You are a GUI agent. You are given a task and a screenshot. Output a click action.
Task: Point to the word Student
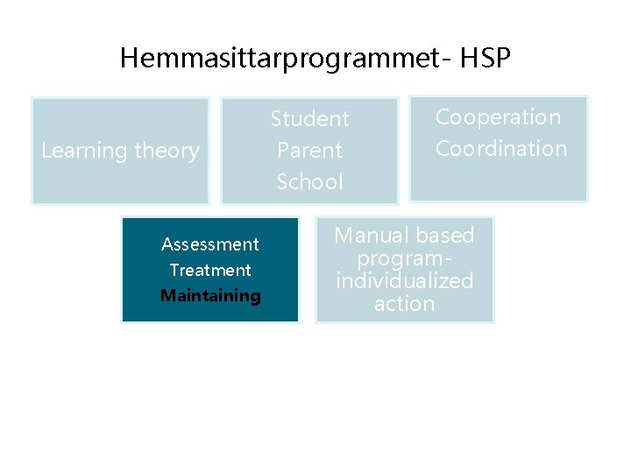click(309, 119)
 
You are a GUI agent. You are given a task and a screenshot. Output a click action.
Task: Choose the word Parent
click(309, 150)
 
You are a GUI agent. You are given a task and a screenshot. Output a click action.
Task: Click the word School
click(309, 181)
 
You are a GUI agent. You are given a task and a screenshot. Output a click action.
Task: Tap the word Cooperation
click(498, 116)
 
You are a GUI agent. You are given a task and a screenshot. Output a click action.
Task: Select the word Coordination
click(500, 149)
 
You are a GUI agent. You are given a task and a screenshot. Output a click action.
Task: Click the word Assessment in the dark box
click(210, 244)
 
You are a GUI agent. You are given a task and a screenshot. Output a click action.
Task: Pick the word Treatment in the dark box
click(210, 271)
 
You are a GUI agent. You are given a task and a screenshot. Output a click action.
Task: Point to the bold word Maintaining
click(210, 296)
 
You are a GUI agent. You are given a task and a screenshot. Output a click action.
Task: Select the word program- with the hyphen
click(404, 259)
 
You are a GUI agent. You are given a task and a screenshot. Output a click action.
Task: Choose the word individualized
click(404, 281)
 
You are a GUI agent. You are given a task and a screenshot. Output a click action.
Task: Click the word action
click(404, 304)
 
